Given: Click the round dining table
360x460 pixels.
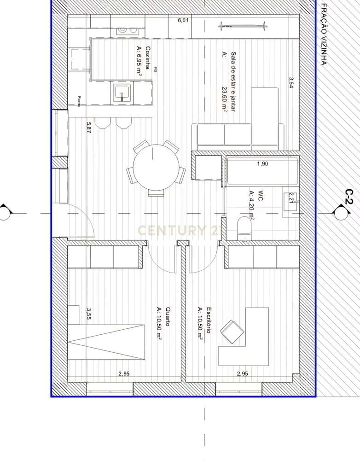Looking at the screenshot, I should (156, 169).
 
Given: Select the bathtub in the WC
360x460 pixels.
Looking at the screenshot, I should (262, 171).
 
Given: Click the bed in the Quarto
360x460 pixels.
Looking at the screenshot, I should (107, 342).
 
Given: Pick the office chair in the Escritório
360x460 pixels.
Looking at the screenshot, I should (232, 332).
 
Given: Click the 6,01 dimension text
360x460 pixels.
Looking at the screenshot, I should (184, 20).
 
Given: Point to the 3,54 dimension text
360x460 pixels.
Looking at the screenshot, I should (291, 83).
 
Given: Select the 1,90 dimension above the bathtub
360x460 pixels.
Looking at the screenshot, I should (262, 163).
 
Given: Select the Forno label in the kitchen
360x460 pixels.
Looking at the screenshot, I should (79, 101).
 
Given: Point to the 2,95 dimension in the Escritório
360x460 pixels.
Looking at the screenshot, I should (242, 373).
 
